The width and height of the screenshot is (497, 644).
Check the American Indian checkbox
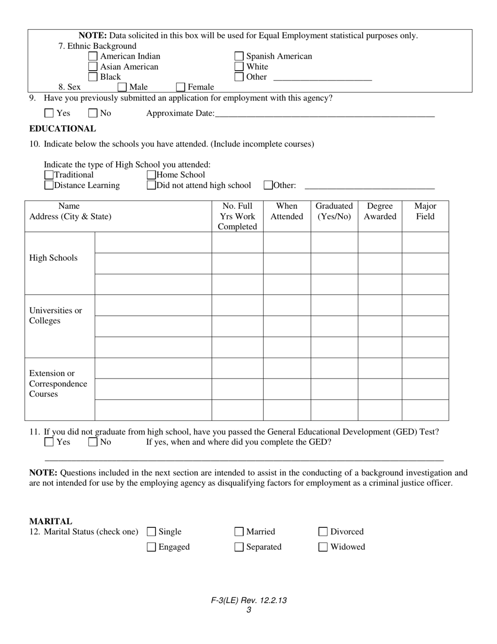click(x=93, y=57)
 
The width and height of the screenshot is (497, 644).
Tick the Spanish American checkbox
click(x=239, y=57)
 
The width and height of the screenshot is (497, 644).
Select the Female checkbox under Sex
click(x=180, y=87)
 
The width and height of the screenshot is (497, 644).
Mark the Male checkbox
click(x=122, y=87)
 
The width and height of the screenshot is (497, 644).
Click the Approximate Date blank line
click(x=324, y=114)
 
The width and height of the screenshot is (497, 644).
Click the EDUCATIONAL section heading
click(x=63, y=129)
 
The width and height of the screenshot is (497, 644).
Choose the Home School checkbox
click(x=151, y=175)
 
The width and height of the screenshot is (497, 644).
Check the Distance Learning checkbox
click(x=49, y=185)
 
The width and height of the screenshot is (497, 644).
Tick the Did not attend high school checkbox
click(x=151, y=185)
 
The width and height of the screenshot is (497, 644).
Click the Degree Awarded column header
click(x=380, y=212)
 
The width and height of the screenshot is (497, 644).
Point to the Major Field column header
click(x=425, y=212)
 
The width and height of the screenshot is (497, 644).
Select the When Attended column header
click(x=287, y=212)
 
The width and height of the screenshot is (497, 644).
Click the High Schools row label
click(x=53, y=258)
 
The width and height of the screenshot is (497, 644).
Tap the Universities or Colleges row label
click(x=55, y=316)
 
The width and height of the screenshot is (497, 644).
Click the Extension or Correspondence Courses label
click(x=58, y=384)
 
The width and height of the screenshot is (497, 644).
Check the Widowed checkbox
click(x=323, y=547)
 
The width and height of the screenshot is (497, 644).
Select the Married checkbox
click(x=239, y=532)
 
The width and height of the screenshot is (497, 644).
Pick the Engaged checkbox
click(x=151, y=547)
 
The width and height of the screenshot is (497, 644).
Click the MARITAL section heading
click(x=51, y=521)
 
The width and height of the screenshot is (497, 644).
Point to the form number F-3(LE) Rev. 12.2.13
click(x=249, y=601)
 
